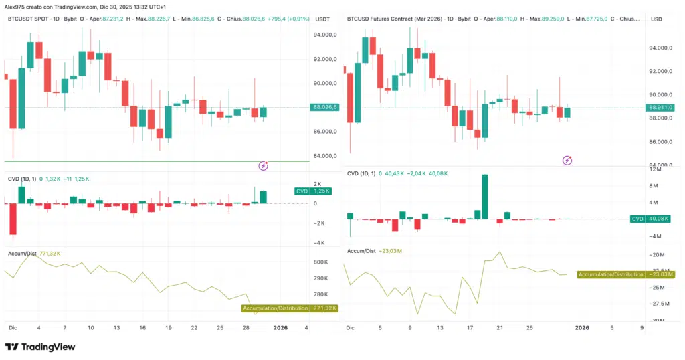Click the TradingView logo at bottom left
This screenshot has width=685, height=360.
[40, 347]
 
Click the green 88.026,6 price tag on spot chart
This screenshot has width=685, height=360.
[325, 107]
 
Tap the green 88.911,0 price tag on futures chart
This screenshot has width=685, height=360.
[660, 107]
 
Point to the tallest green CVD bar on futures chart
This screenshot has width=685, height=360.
[484, 196]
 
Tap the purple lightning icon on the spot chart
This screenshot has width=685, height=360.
[264, 165]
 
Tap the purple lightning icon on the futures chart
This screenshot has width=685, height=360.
[567, 160]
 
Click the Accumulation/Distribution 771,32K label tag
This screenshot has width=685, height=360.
[290, 308]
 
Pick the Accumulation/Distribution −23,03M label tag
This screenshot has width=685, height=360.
[625, 274]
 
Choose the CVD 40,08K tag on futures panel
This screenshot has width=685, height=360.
[653, 219]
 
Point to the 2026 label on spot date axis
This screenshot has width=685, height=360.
[280, 328]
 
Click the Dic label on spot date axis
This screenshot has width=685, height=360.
[13, 328]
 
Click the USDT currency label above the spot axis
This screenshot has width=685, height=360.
[322, 19]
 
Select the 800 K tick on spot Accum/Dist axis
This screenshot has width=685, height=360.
[321, 262]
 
